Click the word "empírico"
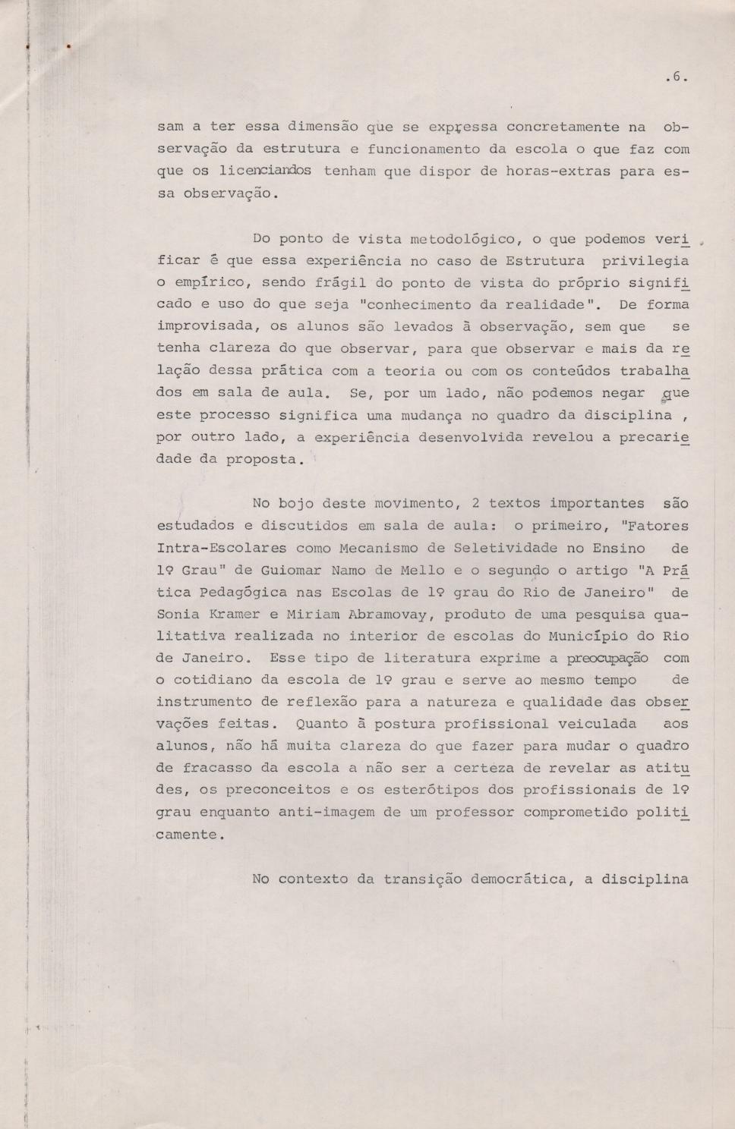207,282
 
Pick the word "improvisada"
203,326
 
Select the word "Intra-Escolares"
221,547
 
